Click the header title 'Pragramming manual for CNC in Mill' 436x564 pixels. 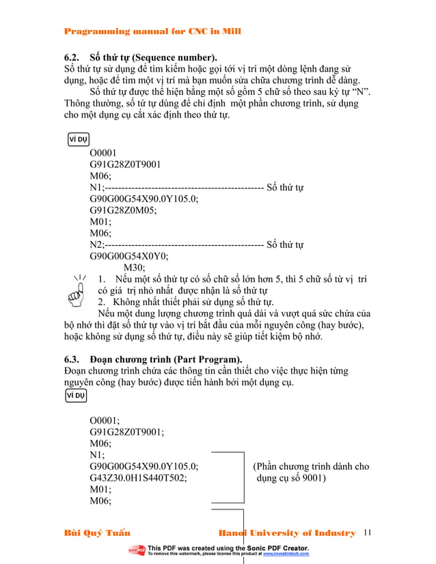[152, 31]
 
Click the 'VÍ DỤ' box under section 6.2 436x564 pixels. [79, 140]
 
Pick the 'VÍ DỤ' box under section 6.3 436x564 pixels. [77, 395]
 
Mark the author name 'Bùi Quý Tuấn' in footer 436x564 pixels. [96, 533]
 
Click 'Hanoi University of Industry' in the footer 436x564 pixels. [286, 533]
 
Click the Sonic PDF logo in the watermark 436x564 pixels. [136, 550]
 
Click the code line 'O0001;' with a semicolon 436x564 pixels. [105, 420]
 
